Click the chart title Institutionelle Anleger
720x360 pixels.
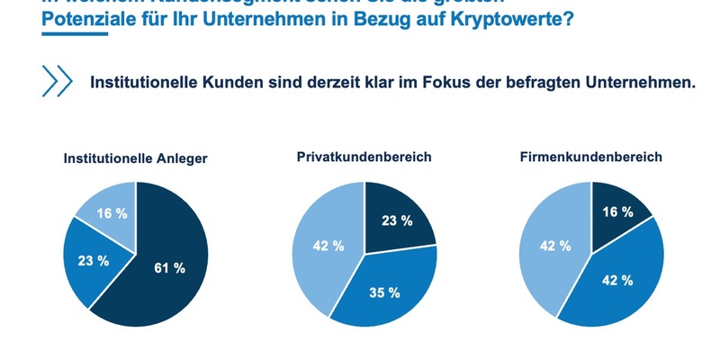(135, 158)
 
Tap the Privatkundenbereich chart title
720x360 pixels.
(364, 157)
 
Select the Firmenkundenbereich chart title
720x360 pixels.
(590, 157)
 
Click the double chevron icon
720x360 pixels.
(57, 81)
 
